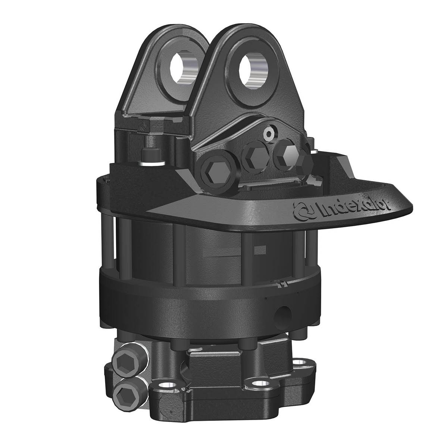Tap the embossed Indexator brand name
353,209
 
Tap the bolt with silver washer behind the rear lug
151,157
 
